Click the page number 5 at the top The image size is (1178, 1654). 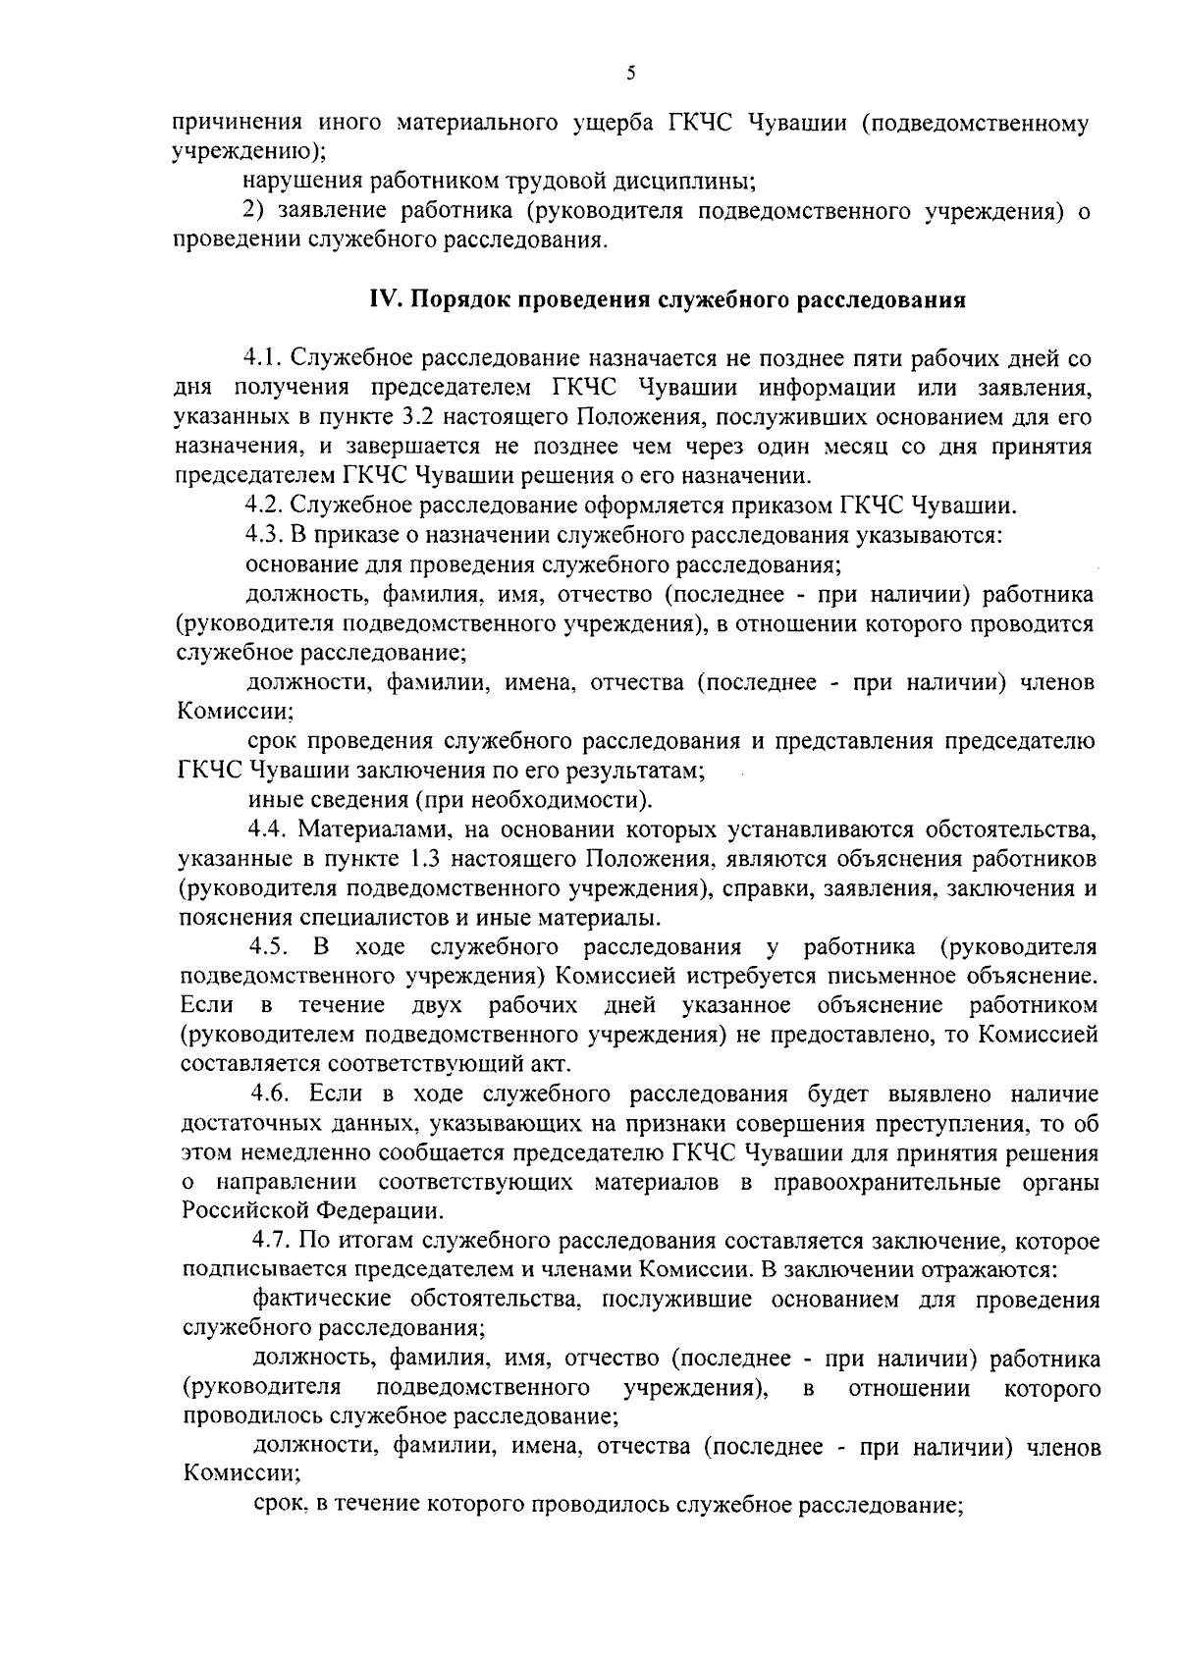tap(630, 73)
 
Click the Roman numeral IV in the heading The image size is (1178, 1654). tap(382, 300)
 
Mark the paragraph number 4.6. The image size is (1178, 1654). tap(272, 1094)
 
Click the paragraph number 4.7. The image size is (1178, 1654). tap(272, 1241)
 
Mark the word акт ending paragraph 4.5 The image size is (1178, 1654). tap(550, 1064)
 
